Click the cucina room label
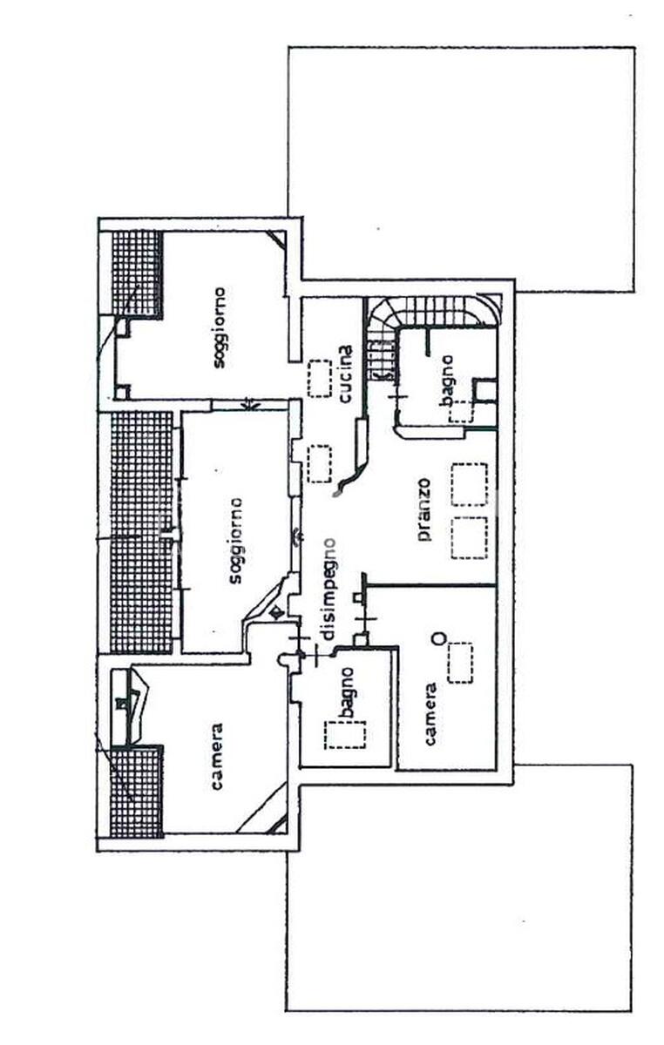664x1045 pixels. (x=346, y=374)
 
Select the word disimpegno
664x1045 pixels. (x=329, y=589)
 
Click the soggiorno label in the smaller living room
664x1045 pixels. (x=219, y=327)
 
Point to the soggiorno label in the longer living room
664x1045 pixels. (x=235, y=540)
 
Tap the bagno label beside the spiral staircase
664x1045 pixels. (x=447, y=381)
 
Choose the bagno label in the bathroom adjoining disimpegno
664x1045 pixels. (x=347, y=693)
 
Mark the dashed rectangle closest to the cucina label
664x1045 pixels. (x=320, y=378)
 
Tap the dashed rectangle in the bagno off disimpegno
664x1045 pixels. (x=345, y=735)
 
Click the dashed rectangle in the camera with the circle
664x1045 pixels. (x=460, y=663)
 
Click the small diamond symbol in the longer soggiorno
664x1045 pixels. (x=276, y=612)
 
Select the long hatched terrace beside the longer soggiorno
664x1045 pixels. (x=142, y=532)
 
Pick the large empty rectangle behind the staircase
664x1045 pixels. (x=461, y=169)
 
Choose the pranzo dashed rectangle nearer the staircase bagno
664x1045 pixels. (x=471, y=484)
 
